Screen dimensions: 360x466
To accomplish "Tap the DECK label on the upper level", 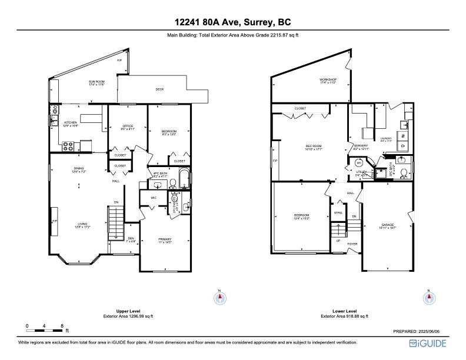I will (x=159, y=89).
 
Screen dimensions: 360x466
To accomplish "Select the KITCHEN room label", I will (x=71, y=122).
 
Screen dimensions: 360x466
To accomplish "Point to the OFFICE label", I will (x=128, y=125).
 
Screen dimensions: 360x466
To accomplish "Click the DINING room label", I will (x=79, y=169).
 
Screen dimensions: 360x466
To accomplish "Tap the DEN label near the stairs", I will (x=131, y=238).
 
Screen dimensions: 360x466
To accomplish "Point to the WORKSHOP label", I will (x=328, y=79).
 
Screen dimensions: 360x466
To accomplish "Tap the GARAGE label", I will (x=387, y=225).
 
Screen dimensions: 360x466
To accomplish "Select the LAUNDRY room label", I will (x=402, y=139).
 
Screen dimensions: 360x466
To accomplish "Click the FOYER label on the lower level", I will (x=352, y=244).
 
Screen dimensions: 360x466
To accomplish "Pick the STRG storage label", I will (x=338, y=212).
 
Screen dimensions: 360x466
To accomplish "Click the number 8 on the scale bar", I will (x=62, y=325).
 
